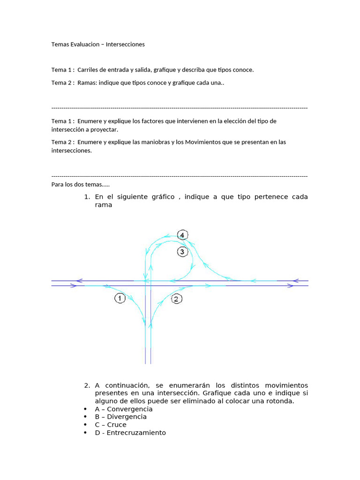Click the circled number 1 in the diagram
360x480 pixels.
tap(120, 298)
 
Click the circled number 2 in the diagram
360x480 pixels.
tap(177, 299)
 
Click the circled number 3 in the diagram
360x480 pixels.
tap(183, 252)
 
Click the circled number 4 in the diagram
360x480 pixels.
tap(183, 235)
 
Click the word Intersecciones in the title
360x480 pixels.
tap(125, 45)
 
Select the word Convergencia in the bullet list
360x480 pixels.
tap(130, 409)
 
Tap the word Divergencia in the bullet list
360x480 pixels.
tap(127, 417)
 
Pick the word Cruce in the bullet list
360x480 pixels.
tap(117, 425)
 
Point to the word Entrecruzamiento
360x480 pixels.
tap(136, 433)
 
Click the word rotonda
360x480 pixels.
tap(280, 401)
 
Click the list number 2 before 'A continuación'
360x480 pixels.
tap(87, 385)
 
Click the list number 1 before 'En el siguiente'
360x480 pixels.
tap(87, 197)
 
